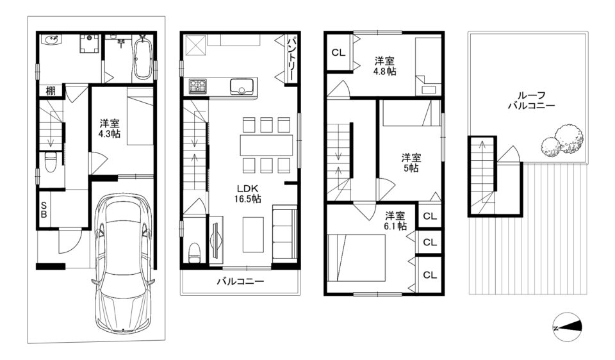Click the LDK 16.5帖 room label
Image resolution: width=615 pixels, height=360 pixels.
click(247, 193)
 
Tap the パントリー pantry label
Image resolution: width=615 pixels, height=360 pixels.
click(291, 58)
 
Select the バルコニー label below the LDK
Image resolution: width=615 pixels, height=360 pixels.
click(240, 281)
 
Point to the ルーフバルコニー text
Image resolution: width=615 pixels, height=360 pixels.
click(532, 101)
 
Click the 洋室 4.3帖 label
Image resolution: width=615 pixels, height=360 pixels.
click(110, 129)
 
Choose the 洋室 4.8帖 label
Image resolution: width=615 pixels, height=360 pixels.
click(385, 66)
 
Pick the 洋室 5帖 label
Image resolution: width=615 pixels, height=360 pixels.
click(411, 163)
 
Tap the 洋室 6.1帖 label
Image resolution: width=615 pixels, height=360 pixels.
click(395, 221)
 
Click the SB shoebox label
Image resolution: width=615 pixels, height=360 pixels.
click(44, 210)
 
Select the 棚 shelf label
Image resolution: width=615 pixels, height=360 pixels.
click(51, 91)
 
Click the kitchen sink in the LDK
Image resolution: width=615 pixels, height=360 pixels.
click(242, 86)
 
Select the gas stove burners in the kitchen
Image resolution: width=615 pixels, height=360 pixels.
click(198, 86)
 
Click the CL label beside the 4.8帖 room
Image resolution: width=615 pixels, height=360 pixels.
click(338, 52)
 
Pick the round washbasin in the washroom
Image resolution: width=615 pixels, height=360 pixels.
click(52, 40)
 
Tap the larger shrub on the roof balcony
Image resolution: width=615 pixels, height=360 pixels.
click(569, 139)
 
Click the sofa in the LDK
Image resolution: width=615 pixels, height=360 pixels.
click(284, 232)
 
